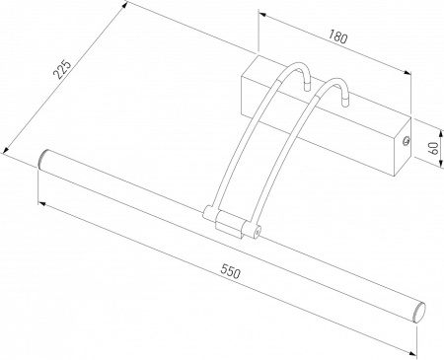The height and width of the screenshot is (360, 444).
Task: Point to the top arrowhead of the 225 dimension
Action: pos(127,5)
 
